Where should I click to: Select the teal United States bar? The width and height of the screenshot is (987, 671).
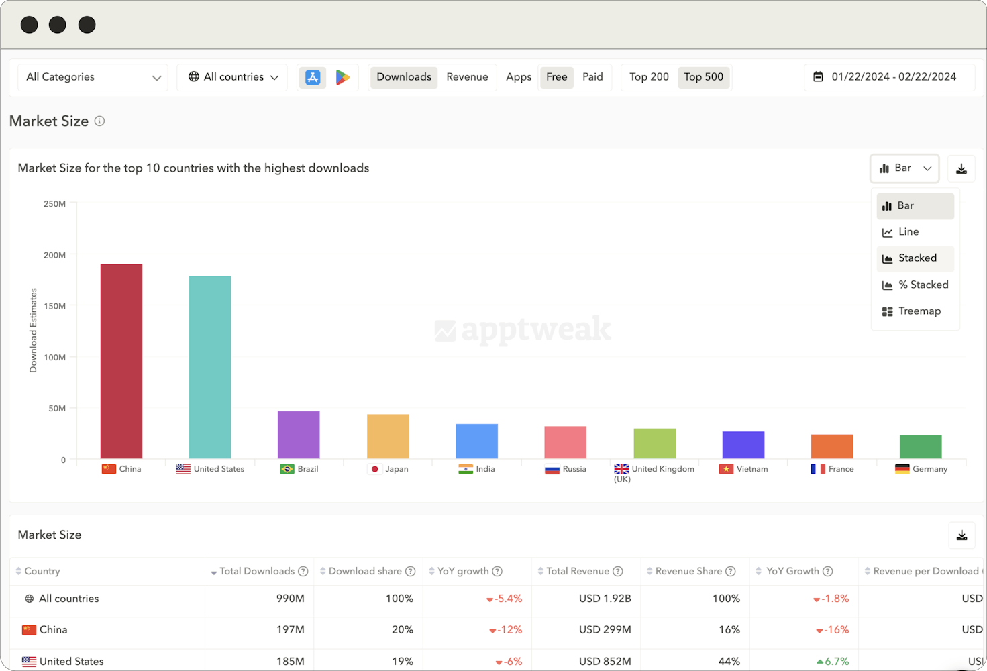coord(210,367)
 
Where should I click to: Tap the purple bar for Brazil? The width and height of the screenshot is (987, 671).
coord(299,435)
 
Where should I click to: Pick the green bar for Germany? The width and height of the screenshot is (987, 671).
coord(921,447)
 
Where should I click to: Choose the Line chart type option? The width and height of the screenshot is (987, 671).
coord(908,232)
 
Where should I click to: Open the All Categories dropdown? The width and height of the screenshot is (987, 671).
coord(93,77)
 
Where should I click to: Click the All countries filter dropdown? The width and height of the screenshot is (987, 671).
coord(232,77)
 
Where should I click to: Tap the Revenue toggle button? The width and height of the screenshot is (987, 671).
coord(467,77)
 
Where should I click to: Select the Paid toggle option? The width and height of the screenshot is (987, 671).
coord(592,77)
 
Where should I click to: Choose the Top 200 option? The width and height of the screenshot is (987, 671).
coord(649,77)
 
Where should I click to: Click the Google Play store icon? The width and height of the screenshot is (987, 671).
coord(343,77)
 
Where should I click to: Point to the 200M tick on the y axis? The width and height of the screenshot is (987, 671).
coord(55,255)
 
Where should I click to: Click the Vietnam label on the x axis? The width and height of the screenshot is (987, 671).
coord(751,469)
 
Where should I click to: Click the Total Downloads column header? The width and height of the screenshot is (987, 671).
coord(257,571)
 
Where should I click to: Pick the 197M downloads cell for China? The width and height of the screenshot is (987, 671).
coord(291,629)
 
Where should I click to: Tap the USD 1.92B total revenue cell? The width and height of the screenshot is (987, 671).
coord(605,598)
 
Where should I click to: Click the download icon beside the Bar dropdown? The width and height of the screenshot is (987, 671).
coord(961,168)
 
